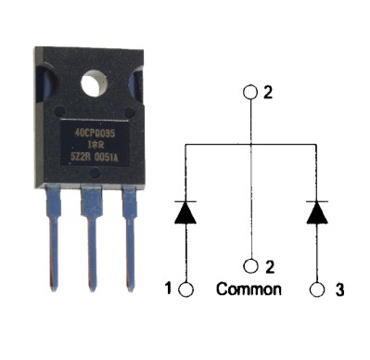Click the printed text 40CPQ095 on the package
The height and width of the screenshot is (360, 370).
(x=94, y=132)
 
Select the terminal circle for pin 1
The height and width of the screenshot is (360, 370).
(x=185, y=289)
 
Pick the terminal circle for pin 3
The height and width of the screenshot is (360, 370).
(x=317, y=289)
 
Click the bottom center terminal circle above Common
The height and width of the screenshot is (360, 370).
(x=250, y=266)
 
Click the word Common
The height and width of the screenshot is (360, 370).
(x=249, y=289)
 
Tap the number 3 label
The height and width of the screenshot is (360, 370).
(x=340, y=289)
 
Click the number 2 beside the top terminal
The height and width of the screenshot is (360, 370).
(x=269, y=93)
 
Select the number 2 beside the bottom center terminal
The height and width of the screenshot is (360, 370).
(x=269, y=266)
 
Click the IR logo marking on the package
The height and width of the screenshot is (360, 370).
(x=94, y=145)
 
